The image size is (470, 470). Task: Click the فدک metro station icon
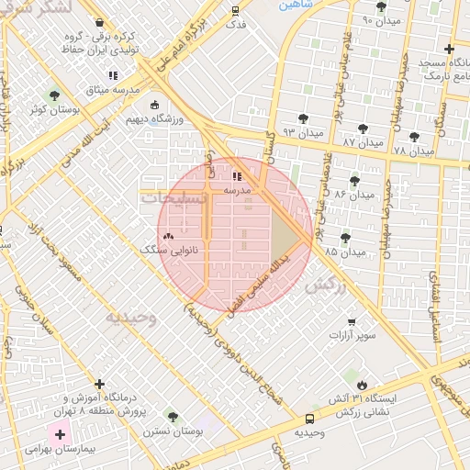point(236,12)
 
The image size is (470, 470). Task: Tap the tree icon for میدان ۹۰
point(381,6)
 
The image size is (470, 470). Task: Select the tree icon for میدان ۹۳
point(303,118)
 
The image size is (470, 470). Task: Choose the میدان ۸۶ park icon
point(354,180)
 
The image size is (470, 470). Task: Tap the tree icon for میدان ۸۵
point(345,237)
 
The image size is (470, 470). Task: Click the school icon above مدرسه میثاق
point(112,75)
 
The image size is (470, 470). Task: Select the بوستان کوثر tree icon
point(54,95)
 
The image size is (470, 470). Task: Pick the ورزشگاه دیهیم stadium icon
point(153,105)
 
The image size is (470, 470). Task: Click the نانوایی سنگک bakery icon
point(167,235)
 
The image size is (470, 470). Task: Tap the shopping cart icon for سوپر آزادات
point(352,321)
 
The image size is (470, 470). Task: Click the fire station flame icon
point(363,384)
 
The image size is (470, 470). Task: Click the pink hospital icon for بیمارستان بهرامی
point(60,433)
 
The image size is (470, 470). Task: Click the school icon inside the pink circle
point(237,174)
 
